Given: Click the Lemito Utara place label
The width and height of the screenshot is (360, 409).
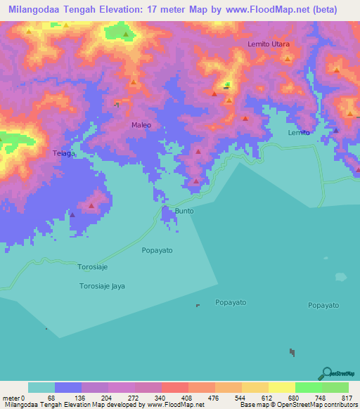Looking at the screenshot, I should click(269, 44).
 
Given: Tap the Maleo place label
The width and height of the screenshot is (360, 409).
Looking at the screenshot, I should click(141, 125).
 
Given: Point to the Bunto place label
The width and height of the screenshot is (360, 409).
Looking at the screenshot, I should click(184, 211).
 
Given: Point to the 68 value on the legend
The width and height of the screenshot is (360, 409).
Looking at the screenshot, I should click(51, 398).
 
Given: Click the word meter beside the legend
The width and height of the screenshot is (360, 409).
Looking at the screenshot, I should click(11, 398).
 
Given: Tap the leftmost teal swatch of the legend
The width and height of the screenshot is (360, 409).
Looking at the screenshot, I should click(41, 387).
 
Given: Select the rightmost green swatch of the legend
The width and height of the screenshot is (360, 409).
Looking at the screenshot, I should click(335, 387).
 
